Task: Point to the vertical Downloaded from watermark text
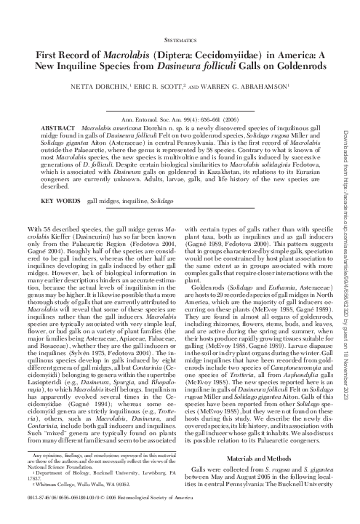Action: tap(350, 211)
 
